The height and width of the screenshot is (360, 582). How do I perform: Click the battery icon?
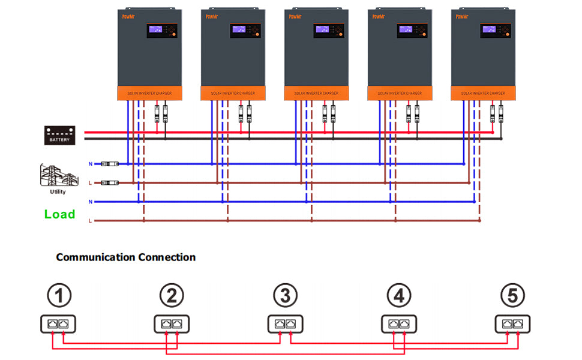(x=59, y=135)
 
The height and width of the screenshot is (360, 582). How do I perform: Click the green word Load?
(x=59, y=214)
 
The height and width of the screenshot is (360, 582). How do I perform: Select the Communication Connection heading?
(x=125, y=257)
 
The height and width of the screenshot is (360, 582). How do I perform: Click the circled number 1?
(x=59, y=295)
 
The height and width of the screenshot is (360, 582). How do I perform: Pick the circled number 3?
(x=286, y=295)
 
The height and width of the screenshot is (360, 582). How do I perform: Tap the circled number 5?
(x=512, y=295)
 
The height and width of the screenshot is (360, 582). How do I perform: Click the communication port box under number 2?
(x=172, y=324)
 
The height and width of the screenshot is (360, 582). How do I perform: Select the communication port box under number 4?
(x=399, y=324)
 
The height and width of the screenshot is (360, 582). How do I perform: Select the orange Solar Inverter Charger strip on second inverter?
(x=232, y=94)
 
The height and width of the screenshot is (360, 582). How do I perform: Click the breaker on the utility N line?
(x=110, y=164)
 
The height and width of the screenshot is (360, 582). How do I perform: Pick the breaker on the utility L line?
(x=110, y=182)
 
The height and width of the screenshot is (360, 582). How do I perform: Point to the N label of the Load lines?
(x=91, y=202)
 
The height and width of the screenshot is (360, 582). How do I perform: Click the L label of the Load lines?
(x=91, y=221)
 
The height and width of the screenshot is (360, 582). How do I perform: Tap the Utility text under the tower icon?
(x=58, y=192)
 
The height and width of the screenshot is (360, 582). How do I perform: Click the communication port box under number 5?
(x=512, y=324)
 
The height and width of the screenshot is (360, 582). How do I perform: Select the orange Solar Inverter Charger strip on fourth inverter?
(x=400, y=94)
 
